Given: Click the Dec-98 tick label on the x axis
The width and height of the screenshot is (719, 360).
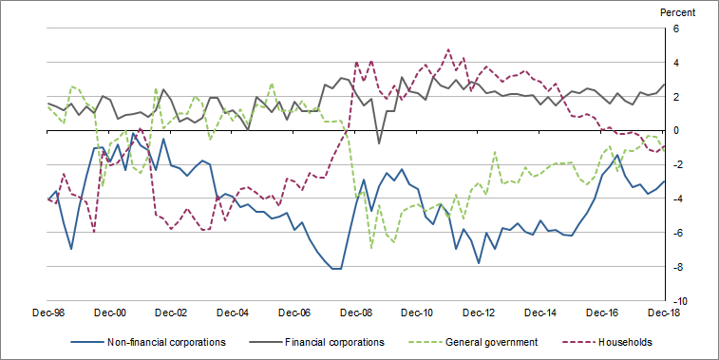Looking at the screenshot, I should [47, 313].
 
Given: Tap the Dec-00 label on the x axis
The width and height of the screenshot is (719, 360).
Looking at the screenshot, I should [110, 313].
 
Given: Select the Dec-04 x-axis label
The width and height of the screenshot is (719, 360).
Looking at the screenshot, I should [234, 313].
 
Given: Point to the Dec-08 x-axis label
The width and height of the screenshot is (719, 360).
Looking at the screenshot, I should [357, 313].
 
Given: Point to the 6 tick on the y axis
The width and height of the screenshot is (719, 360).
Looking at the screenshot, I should [677, 29].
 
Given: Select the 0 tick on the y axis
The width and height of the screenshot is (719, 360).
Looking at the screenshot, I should [677, 131].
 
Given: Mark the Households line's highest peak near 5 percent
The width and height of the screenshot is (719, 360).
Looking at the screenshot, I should [448, 49].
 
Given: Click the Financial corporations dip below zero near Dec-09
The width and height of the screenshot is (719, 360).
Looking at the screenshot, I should [379, 143].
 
